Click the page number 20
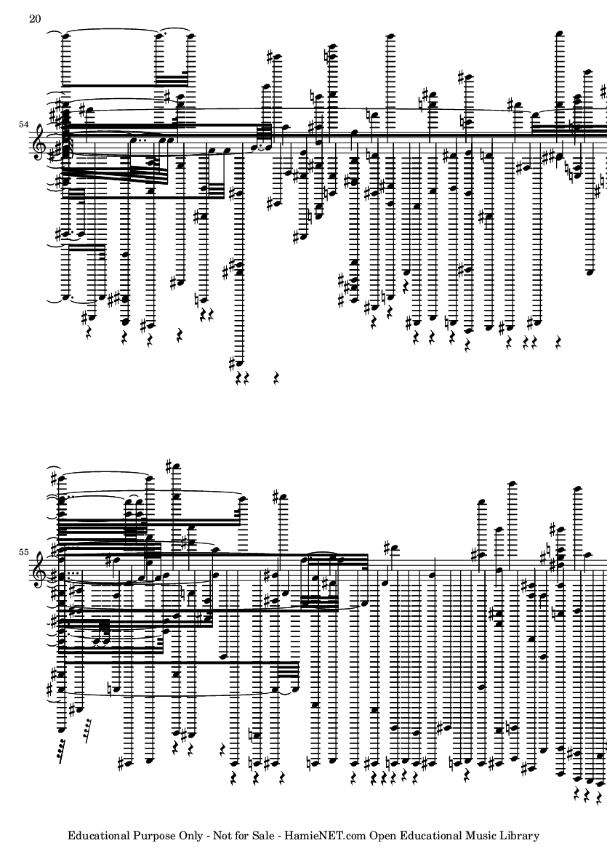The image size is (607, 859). click(34, 19)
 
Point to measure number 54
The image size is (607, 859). click(23, 124)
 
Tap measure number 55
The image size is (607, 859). click(23, 551)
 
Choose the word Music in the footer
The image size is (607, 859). click(481, 836)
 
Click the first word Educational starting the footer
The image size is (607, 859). click(98, 836)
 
